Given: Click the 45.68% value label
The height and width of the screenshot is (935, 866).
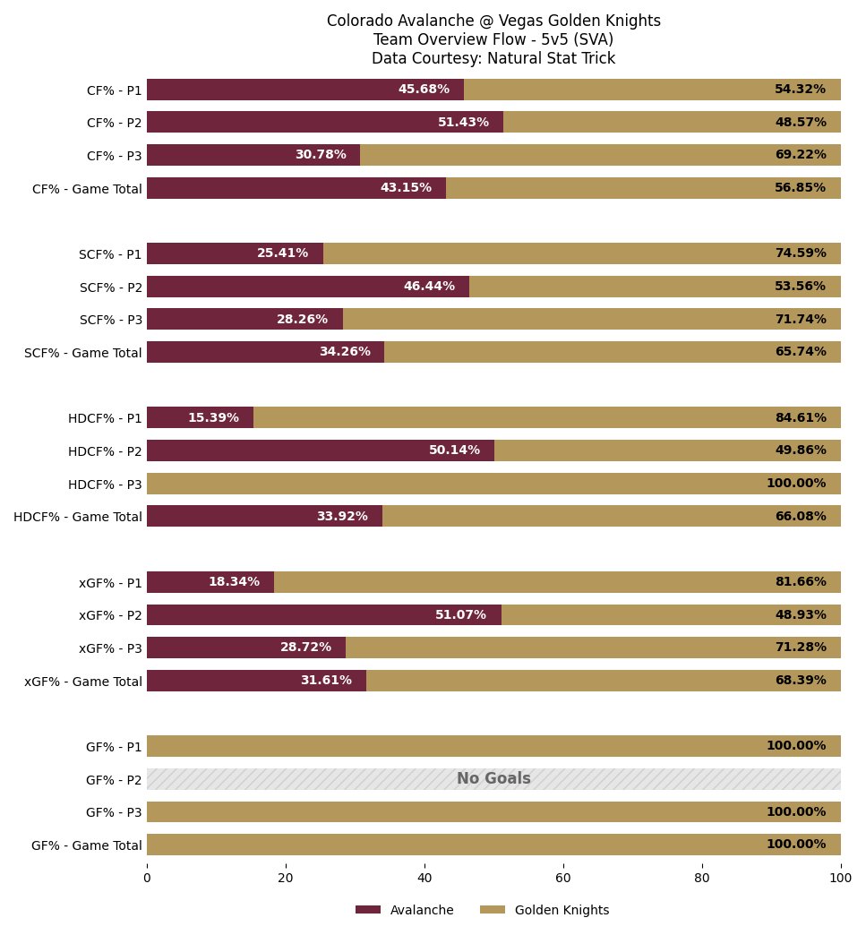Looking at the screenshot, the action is tap(424, 89).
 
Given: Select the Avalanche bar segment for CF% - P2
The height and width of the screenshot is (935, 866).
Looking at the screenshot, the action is tap(325, 122).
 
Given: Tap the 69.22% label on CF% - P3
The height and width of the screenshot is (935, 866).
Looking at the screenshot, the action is tap(801, 154).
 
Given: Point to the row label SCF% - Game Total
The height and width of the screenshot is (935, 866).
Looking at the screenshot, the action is tap(83, 353).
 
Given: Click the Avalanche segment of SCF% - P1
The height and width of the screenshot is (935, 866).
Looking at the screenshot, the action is tap(235, 253).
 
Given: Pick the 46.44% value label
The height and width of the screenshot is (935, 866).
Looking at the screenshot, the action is tap(429, 287).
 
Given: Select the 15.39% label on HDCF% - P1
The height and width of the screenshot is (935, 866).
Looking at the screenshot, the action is tap(213, 417).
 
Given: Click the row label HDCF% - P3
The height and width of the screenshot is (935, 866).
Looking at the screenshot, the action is tap(105, 485).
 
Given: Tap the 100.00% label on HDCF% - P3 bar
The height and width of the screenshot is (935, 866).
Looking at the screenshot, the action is tap(796, 483).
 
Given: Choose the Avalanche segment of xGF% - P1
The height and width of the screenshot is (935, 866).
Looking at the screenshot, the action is tap(210, 582).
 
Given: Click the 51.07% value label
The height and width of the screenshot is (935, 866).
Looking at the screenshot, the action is tap(460, 614).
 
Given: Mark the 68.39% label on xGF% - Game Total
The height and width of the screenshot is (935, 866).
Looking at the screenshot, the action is tap(801, 681).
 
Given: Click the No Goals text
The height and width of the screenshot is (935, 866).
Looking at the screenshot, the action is tap(493, 778).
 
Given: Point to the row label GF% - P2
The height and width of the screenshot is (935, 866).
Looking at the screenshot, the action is tap(114, 780).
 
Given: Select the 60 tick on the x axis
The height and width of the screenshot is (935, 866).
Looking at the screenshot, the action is tap(563, 878).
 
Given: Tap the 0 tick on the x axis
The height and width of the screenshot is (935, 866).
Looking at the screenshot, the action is tap(147, 878).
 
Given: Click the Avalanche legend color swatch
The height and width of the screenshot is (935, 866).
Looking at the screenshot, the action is tap(368, 910).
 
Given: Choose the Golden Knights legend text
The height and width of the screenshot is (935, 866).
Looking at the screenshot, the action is tap(562, 910).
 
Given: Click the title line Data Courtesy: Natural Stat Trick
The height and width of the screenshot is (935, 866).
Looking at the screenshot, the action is tap(493, 58).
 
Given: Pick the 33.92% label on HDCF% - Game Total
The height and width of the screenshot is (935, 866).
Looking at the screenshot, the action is tap(342, 517).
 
